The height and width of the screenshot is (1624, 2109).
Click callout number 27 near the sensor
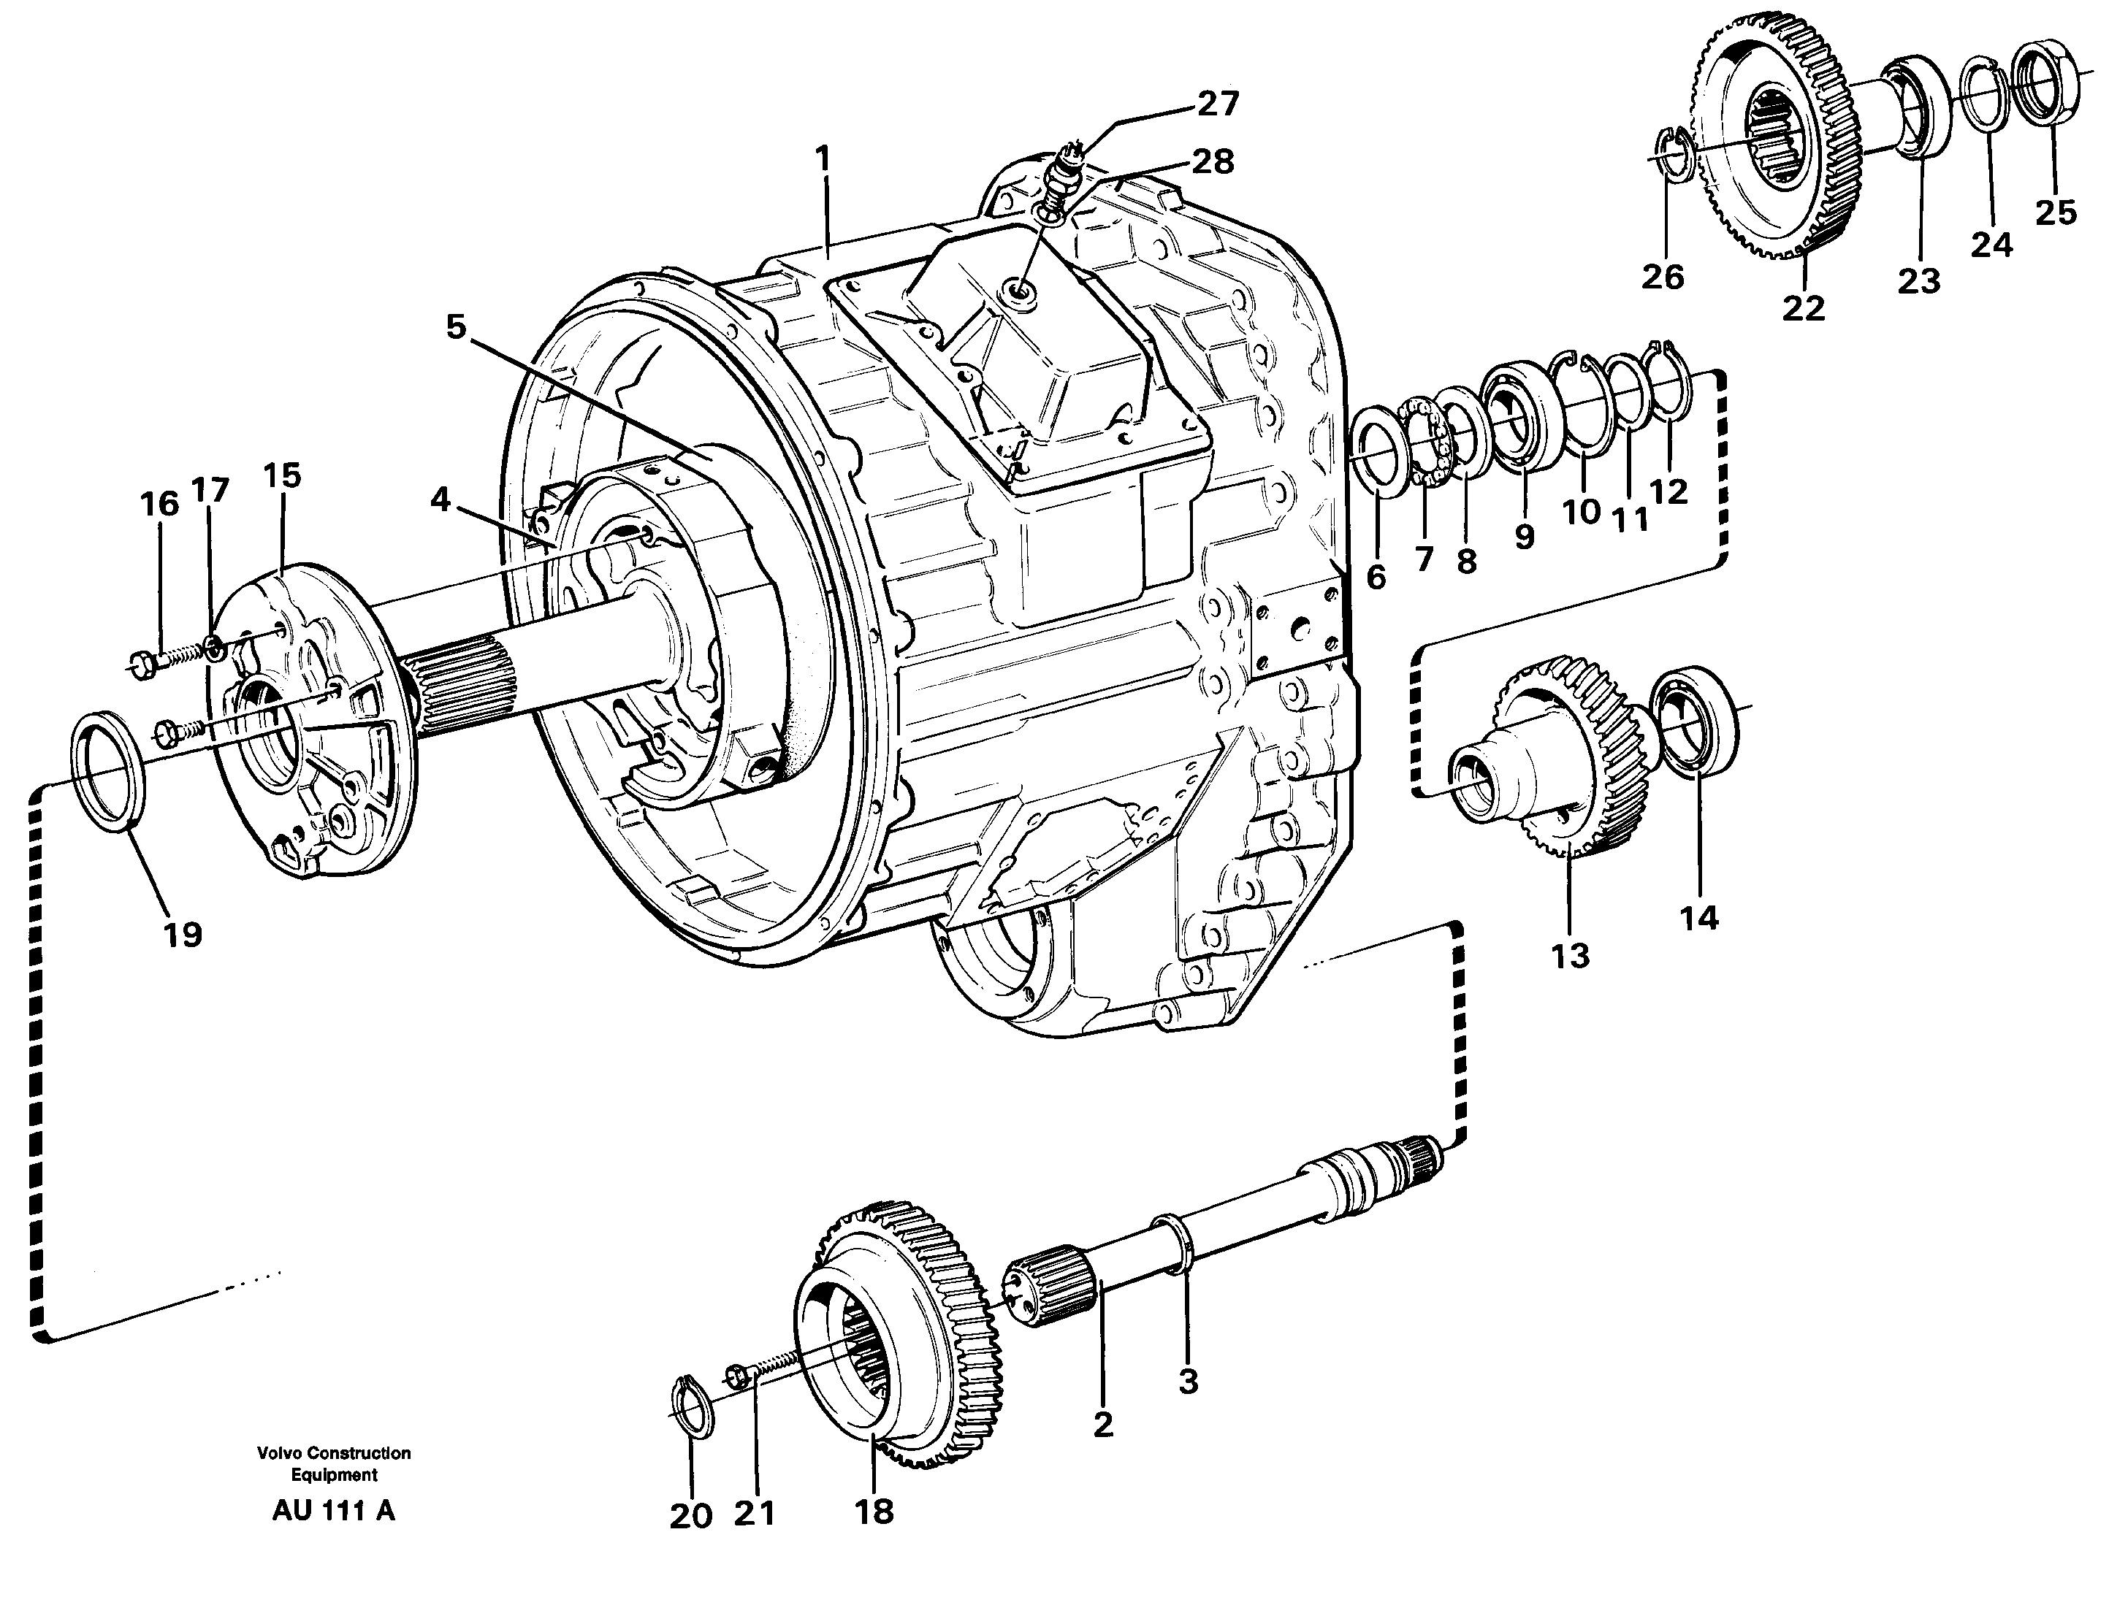click(1218, 103)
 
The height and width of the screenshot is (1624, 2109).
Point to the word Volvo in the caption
click(277, 1453)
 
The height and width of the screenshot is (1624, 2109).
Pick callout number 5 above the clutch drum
click(455, 327)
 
